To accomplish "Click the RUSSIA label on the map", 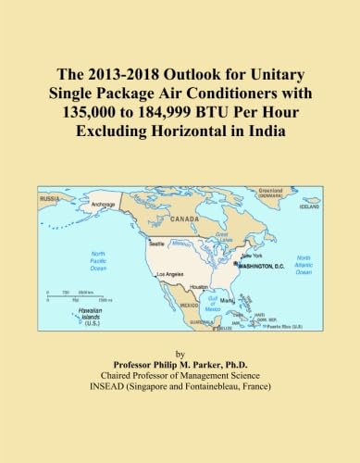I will (49, 198).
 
